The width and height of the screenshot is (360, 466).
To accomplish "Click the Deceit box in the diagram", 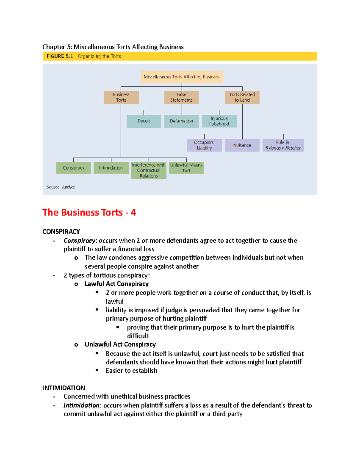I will pos(144,121).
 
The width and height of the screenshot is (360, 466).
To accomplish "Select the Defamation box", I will pos(181,121).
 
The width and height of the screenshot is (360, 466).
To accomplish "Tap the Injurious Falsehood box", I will pos(219,121).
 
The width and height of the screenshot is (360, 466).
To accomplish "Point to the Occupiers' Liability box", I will pos(204,145).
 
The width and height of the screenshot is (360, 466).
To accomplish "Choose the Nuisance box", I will pos(242,145).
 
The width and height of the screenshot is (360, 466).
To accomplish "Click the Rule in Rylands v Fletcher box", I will pos(283,145).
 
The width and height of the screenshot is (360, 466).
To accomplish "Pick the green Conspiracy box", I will pos(73,168).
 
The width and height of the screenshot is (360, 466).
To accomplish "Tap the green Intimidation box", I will pos(111,168).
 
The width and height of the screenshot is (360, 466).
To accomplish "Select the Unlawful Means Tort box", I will pos(186,168).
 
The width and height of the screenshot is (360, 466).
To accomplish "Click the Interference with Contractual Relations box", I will pos(149,170).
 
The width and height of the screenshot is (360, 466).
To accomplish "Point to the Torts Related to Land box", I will pos(242,97).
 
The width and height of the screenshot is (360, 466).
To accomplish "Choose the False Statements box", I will pos(181,97).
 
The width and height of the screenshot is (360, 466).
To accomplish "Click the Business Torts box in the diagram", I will pos(121,97).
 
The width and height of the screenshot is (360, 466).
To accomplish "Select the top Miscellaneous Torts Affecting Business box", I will pos(181,77).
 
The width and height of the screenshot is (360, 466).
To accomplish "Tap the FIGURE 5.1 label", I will pos(60,56).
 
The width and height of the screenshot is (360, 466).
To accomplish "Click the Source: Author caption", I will pos(61,187).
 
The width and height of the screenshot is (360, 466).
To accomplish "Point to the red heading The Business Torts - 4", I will pos(89,212).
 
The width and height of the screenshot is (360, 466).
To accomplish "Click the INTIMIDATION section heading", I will pos(64,388).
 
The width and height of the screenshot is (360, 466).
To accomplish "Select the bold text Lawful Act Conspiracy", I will pos(116,284).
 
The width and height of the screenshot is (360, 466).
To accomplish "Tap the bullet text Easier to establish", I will pos(131,371).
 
